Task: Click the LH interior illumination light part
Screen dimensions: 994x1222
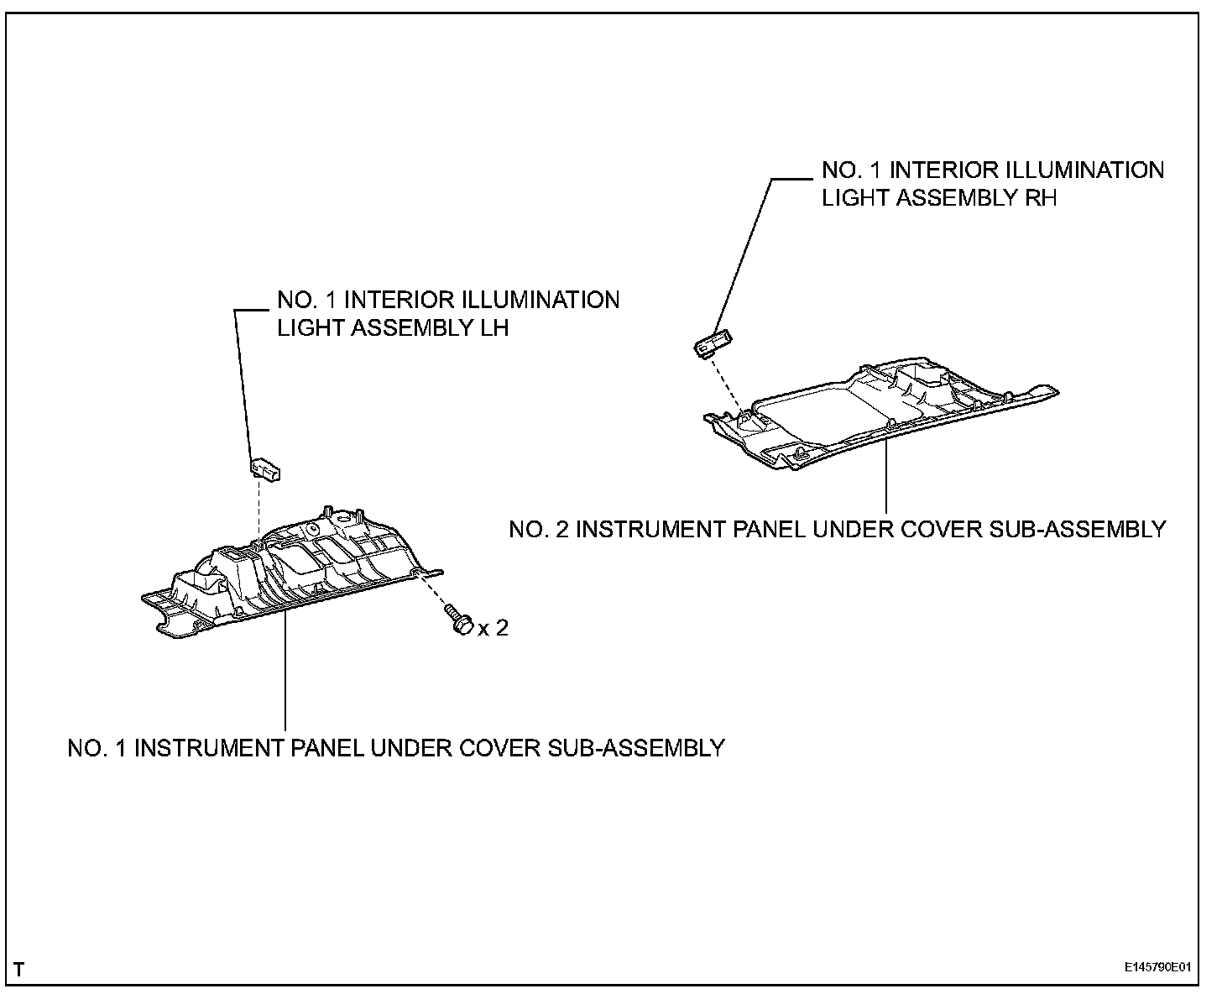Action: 266,468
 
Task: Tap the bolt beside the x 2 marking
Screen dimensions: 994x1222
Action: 459,622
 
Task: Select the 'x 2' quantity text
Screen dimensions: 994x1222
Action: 493,628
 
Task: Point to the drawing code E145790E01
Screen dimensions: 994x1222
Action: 1158,967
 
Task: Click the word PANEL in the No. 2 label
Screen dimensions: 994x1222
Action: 767,530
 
